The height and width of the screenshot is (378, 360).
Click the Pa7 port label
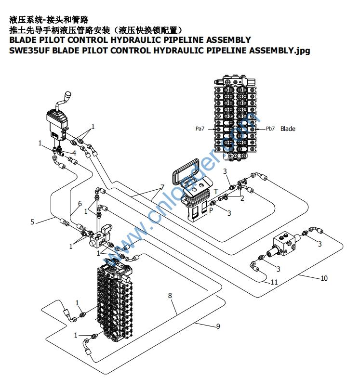(200, 129)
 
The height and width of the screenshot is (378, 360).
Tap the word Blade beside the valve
(288, 129)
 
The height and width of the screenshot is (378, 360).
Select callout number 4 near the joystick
(74, 153)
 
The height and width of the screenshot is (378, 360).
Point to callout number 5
(33, 222)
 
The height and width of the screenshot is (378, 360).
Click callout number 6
(80, 204)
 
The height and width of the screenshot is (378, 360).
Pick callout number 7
(162, 187)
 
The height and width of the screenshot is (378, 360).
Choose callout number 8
(170, 296)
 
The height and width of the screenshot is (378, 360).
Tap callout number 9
(218, 326)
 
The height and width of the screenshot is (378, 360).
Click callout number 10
(324, 278)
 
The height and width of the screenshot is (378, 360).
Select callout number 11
(274, 282)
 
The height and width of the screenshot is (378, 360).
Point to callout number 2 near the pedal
(242, 198)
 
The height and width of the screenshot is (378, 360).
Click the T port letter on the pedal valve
(215, 191)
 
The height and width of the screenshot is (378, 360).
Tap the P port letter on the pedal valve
(211, 209)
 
